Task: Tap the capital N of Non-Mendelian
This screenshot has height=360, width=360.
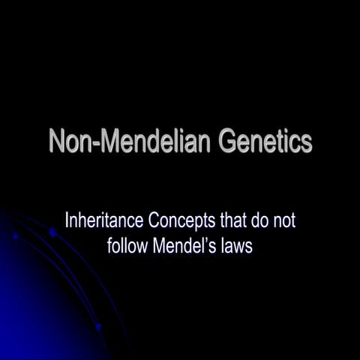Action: pos(58,141)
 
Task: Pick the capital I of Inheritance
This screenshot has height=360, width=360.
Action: pos(68,222)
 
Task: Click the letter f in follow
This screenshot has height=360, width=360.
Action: pos(109,245)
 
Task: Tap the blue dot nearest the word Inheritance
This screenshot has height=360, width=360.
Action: pos(53,233)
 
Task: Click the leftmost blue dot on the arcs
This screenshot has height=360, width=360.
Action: pos(15,235)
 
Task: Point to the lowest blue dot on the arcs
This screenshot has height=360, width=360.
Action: pos(98,327)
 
